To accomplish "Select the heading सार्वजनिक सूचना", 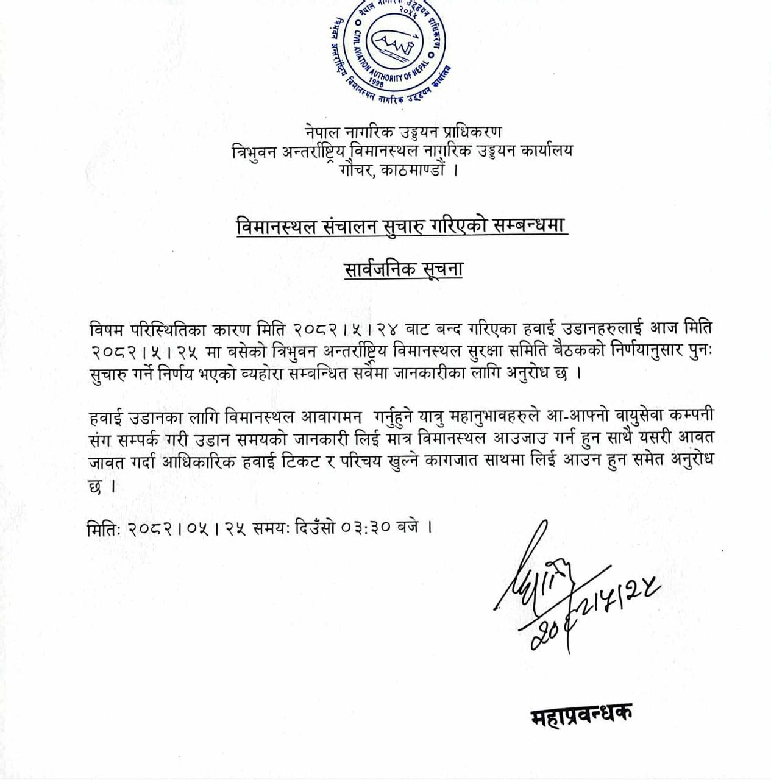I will [403, 269].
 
